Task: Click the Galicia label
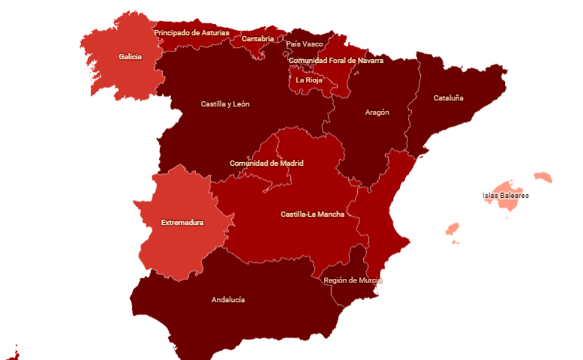pyautogui.click(x=130, y=57)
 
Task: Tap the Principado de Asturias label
pyautogui.click(x=191, y=33)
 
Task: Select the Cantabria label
pyautogui.click(x=258, y=39)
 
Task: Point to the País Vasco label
pyautogui.click(x=305, y=44)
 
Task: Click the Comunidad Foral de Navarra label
pyautogui.click(x=336, y=60)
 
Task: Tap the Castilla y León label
pyautogui.click(x=225, y=104)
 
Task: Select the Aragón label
pyautogui.click(x=377, y=112)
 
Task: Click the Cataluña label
pyautogui.click(x=449, y=98)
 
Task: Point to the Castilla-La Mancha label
pyautogui.click(x=312, y=214)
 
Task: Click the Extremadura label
pyautogui.click(x=182, y=223)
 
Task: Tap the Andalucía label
pyautogui.click(x=228, y=300)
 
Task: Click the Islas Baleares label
pyautogui.click(x=505, y=195)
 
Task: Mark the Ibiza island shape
pyautogui.click(x=452, y=230)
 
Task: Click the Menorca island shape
pyautogui.click(x=543, y=177)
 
